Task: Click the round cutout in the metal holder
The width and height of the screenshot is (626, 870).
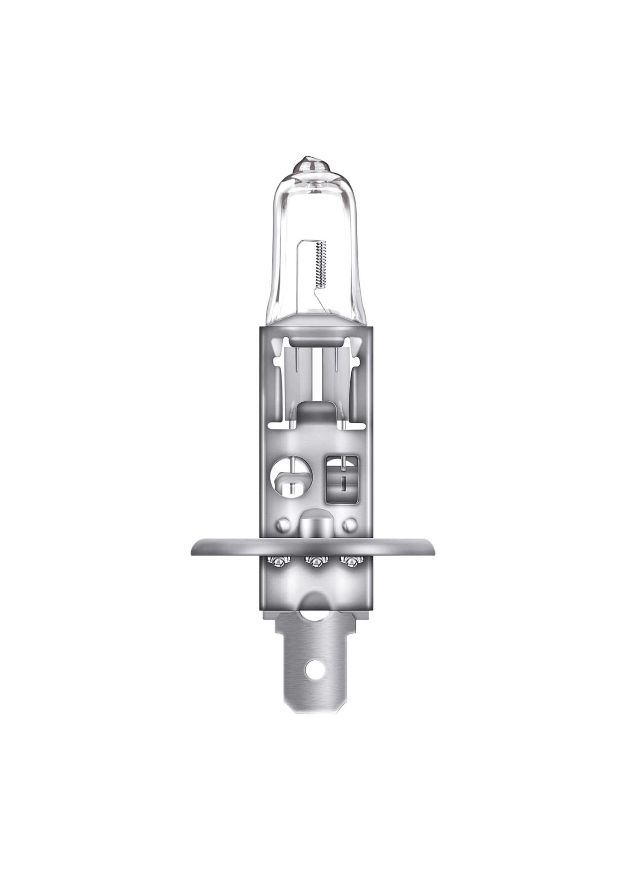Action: point(290,477)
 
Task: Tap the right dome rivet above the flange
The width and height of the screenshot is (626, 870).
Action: point(349,524)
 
